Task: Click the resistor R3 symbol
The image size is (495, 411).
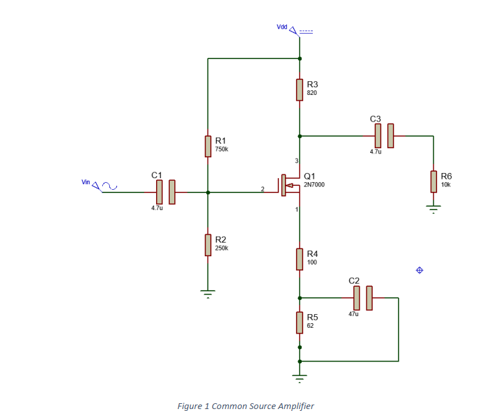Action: [x=299, y=90]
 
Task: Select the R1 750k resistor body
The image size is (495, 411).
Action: [x=207, y=146]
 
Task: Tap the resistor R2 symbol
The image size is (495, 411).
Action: [x=207, y=245]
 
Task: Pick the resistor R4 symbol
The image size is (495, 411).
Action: [x=299, y=259]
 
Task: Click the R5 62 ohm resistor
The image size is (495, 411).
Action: [x=299, y=323]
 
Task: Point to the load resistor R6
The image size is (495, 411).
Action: [x=433, y=181]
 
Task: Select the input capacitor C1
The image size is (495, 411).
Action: [x=165, y=192]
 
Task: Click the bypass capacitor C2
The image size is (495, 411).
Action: [x=362, y=298]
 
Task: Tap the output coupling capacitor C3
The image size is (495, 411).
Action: [x=384, y=136]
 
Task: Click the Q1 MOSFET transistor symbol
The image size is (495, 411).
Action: [x=287, y=185]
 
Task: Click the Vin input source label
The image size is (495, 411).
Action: [x=86, y=182]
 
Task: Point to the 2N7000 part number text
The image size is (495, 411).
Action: [x=314, y=185]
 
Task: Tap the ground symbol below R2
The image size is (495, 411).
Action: [x=207, y=293]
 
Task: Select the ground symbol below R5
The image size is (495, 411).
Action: [x=299, y=377]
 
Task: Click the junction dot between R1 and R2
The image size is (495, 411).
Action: [x=207, y=192]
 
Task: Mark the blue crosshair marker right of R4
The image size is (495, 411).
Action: [x=419, y=270]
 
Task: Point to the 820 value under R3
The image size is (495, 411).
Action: [x=312, y=93]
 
